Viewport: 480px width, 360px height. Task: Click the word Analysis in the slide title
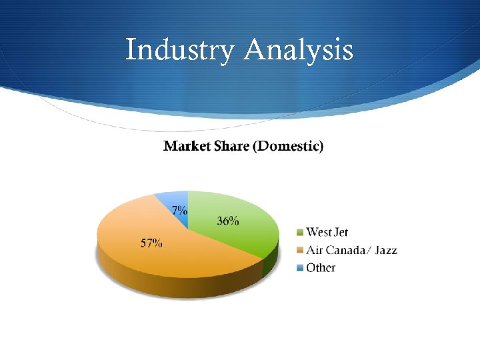[299, 50]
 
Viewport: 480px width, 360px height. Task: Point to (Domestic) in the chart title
[289, 146]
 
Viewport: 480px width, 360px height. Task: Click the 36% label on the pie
[227, 221]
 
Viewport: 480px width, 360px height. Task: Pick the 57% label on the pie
[151, 243]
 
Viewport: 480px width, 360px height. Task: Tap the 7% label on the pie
[179, 209]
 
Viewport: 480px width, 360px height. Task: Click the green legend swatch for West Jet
[300, 233]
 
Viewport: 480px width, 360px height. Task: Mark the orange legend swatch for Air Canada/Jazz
[300, 251]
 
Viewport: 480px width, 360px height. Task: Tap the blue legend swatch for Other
[300, 268]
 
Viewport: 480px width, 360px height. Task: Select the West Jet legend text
[327, 232]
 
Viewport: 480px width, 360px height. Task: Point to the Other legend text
[321, 268]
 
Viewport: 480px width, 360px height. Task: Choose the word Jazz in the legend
[385, 250]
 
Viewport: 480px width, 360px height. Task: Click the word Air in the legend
[314, 250]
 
